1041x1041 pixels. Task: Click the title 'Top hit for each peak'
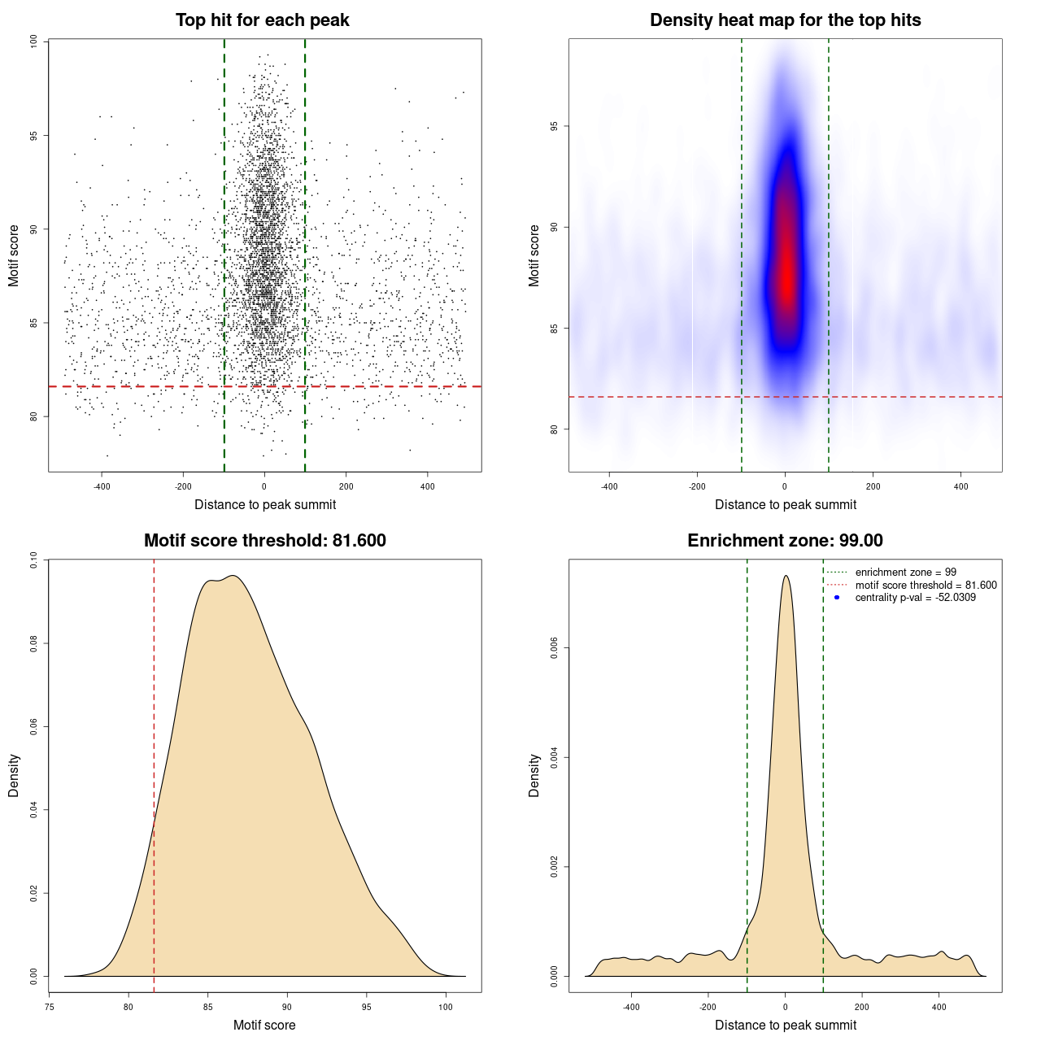pos(263,20)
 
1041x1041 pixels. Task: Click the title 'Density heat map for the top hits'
pos(785,20)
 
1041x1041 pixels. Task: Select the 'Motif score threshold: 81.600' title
pos(264,541)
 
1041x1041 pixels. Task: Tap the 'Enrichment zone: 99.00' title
pos(785,541)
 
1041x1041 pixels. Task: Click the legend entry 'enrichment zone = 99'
pos(905,573)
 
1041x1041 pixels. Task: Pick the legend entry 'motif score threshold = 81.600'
pos(926,585)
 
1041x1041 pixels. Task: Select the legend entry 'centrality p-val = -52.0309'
pos(915,598)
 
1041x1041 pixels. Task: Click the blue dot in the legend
pos(837,598)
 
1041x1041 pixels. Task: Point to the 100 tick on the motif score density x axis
pos(446,1007)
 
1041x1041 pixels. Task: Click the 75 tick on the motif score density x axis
pos(50,1007)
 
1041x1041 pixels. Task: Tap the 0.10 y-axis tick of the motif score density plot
pos(33,560)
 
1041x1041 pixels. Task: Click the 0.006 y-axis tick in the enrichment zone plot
pos(554,648)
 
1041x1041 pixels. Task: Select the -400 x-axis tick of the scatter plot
pos(102,486)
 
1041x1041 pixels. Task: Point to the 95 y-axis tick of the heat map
pos(554,126)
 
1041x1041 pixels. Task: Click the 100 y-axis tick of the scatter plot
pos(33,41)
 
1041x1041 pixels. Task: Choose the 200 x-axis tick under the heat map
pos(873,486)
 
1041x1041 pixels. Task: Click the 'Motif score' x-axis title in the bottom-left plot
pos(264,1025)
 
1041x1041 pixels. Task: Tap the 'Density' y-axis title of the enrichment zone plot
pos(534,775)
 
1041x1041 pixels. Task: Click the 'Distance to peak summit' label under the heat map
pos(785,504)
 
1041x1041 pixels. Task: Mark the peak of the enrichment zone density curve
pos(786,576)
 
